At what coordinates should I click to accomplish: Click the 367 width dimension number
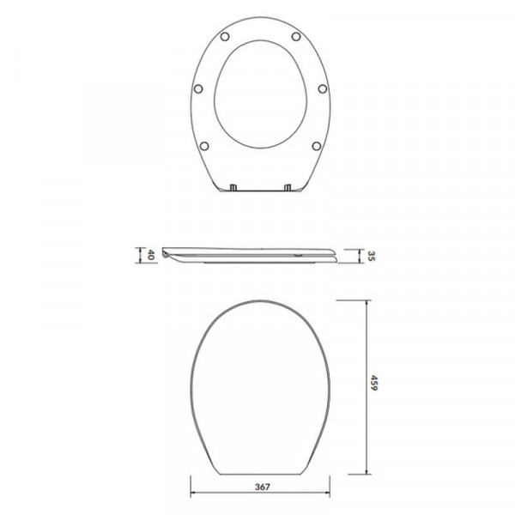pos(262,487)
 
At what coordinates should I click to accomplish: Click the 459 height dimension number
pos(373,383)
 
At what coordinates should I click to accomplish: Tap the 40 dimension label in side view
pos(150,255)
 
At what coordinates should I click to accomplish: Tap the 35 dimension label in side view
pos(371,256)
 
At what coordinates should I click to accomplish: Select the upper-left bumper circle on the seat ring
pos(225,36)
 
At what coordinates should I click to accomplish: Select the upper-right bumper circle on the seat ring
pos(296,36)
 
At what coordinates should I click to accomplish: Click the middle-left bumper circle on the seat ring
pos(198,88)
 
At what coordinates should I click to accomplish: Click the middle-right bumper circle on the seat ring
pos(323,88)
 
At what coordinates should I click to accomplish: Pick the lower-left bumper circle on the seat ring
pos(204,146)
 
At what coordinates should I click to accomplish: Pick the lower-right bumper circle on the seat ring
pos(316,146)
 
